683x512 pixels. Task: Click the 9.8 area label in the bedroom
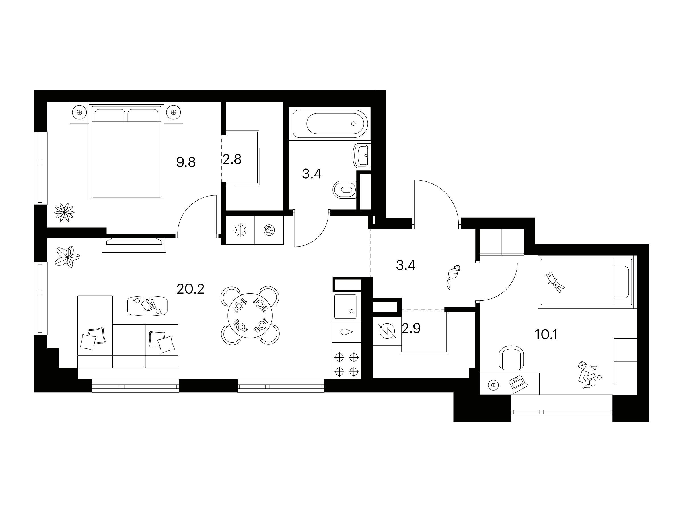186,162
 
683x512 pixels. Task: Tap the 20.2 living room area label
190,289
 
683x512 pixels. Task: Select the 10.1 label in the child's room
546,335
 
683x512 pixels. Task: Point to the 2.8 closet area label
232,160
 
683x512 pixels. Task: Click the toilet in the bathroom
345,189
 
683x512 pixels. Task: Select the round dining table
250,315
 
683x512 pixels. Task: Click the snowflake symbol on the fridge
240,230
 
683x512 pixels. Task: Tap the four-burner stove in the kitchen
346,364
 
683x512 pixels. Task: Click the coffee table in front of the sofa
148,305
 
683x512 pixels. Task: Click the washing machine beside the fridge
269,230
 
